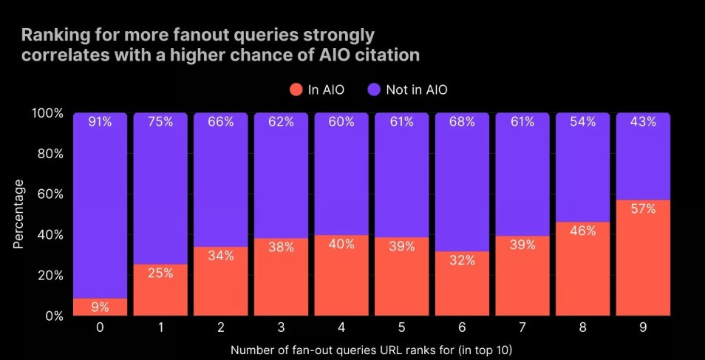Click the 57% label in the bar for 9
click(643, 209)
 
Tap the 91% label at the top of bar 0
click(100, 122)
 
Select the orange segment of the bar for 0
click(100, 307)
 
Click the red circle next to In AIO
click(296, 89)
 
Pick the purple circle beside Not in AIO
click(374, 89)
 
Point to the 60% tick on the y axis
click(49, 194)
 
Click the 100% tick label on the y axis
click(46, 113)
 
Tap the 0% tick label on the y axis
click(52, 316)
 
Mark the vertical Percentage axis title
click(20, 214)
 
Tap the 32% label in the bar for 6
click(462, 260)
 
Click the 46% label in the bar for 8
click(582, 231)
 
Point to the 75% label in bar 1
click(160, 122)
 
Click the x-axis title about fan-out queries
click(370, 348)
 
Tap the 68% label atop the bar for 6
click(462, 122)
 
